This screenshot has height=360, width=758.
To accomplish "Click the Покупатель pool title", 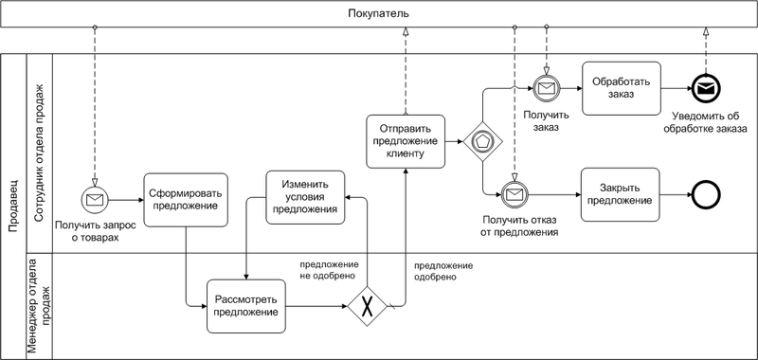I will (378, 14).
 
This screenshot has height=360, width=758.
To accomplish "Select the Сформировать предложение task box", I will (184, 200).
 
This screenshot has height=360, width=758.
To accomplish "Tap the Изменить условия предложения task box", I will (304, 197).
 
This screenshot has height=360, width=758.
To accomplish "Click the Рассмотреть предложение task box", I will (245, 306).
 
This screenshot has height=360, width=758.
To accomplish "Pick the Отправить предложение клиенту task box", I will (406, 141).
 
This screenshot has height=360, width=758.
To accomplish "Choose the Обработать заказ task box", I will (621, 88).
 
